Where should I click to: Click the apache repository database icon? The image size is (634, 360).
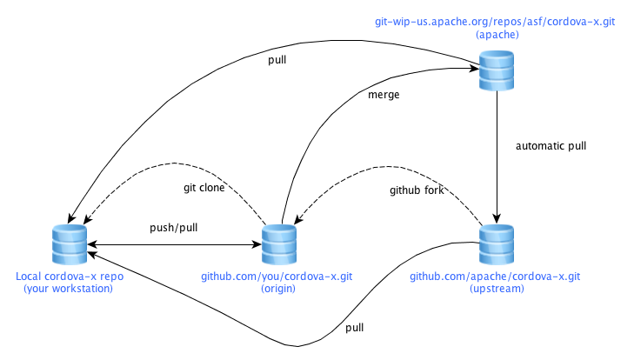tap(497, 70)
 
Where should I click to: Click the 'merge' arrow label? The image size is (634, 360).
tap(384, 95)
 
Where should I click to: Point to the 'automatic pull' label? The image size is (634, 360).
tap(551, 145)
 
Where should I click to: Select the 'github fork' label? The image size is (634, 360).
tap(417, 190)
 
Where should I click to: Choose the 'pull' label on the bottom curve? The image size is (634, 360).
tap(355, 328)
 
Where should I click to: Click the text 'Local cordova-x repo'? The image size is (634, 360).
tap(69, 276)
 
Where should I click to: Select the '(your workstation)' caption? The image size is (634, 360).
tap(69, 289)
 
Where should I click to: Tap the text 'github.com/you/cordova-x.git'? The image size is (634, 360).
tap(279, 276)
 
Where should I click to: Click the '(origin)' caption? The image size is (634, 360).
tap(279, 289)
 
